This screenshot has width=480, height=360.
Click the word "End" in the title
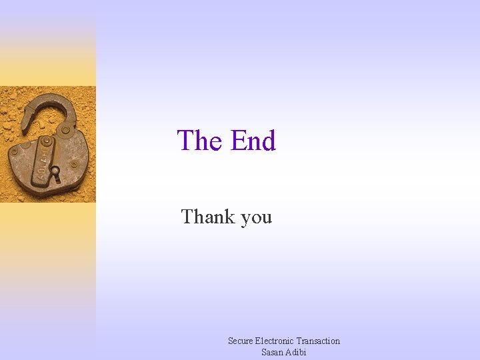point(253,141)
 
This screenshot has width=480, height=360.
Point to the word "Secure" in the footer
point(241,341)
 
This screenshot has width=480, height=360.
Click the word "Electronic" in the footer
point(275,341)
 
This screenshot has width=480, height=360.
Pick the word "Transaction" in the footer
point(318,341)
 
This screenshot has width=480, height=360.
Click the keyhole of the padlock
point(55,175)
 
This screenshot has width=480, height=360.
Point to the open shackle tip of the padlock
point(27,120)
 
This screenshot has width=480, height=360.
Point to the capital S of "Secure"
point(231,341)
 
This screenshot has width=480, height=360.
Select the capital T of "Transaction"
point(299,341)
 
